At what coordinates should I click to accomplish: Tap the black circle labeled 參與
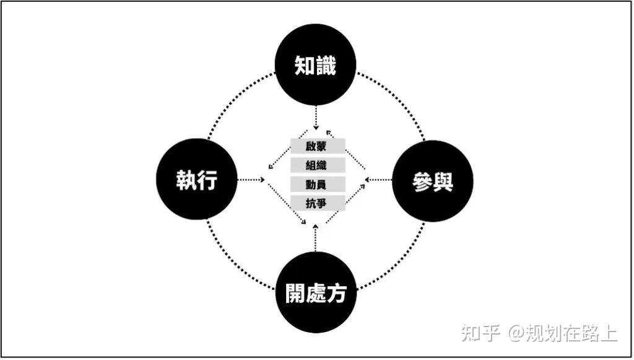433,181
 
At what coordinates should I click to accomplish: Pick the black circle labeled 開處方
316,293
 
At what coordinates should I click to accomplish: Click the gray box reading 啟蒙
316,146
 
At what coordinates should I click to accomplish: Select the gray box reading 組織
316,165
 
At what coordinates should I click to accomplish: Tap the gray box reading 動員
316,183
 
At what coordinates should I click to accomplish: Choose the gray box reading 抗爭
316,202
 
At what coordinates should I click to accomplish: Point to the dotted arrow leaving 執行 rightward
250,180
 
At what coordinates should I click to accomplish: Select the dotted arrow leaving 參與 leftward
379,180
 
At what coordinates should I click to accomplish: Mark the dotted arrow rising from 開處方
316,240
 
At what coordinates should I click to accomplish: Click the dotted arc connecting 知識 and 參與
396,99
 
